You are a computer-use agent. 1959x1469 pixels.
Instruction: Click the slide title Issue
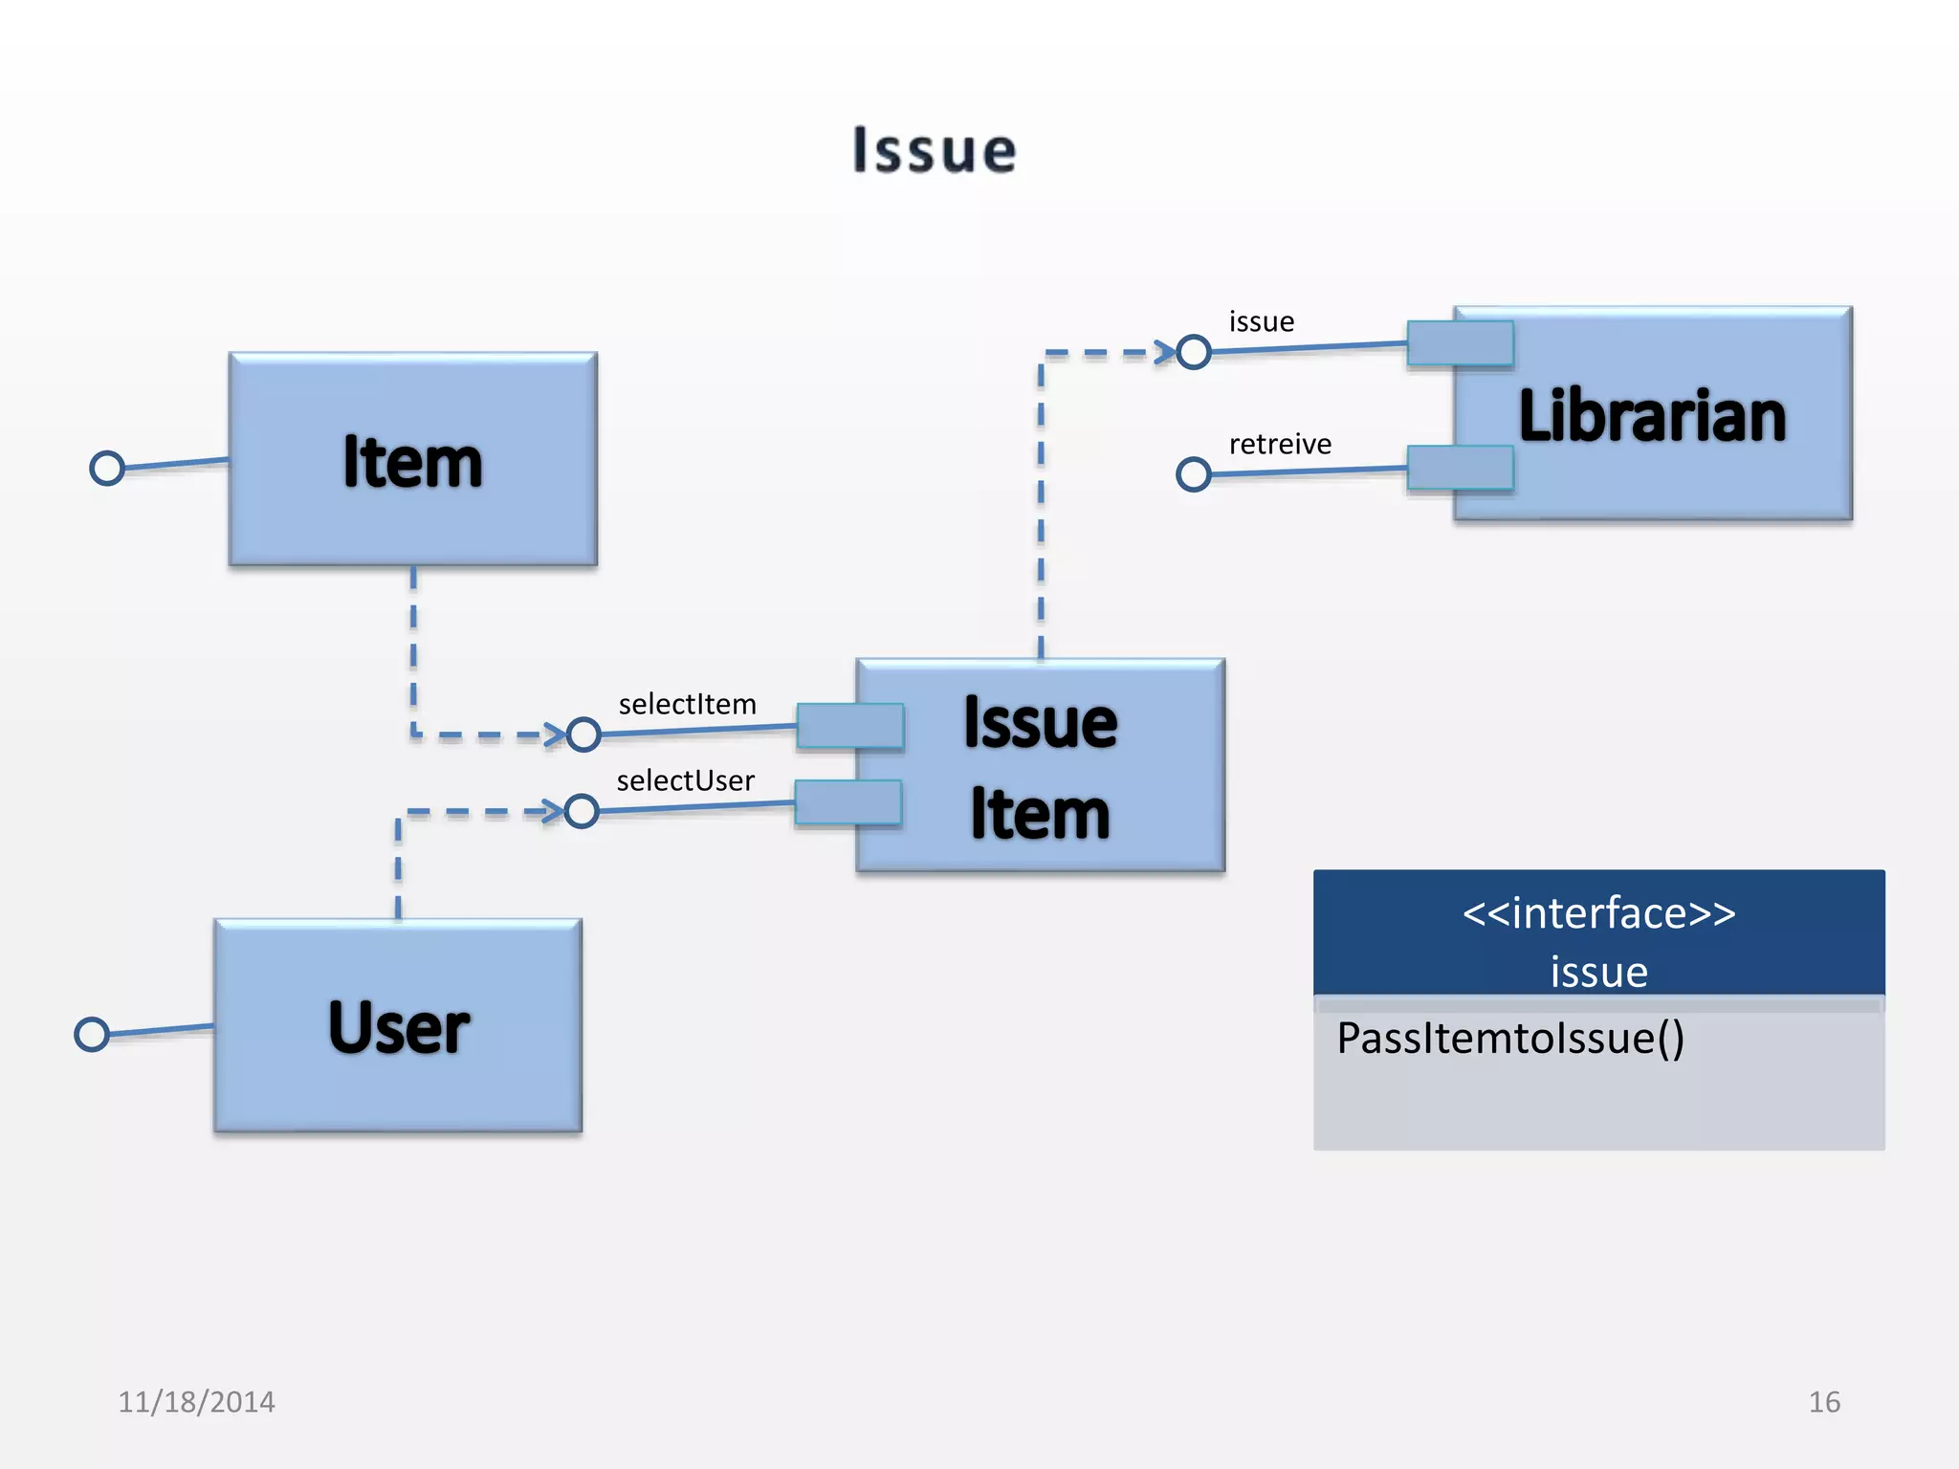(935, 151)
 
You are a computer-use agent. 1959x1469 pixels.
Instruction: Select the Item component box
(412, 460)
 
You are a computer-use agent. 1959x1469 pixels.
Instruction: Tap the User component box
(398, 1026)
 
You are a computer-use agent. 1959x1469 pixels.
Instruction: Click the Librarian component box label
(1652, 416)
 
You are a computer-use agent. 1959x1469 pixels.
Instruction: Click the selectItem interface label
(687, 705)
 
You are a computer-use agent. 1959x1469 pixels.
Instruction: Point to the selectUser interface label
(685, 781)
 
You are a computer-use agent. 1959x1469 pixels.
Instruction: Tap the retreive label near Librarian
(1280, 445)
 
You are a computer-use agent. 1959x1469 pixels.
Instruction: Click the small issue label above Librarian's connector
(1261, 322)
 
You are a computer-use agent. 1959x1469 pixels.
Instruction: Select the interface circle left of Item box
(107, 469)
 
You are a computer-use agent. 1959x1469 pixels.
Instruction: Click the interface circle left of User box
(92, 1034)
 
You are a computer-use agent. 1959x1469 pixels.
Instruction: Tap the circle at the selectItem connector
(583, 734)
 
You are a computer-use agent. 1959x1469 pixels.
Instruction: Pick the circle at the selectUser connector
(582, 812)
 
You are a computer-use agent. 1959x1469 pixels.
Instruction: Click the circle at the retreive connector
(1193, 474)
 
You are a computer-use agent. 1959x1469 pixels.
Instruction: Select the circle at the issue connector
(1193, 353)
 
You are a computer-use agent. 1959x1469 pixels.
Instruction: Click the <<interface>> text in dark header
(1598, 913)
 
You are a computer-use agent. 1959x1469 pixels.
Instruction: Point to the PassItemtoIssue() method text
(1509, 1039)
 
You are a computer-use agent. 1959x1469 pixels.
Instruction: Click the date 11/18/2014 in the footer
(196, 1402)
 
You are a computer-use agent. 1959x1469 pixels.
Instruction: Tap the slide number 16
(1823, 1402)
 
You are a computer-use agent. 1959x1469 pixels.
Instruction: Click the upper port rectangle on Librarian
(1460, 343)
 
